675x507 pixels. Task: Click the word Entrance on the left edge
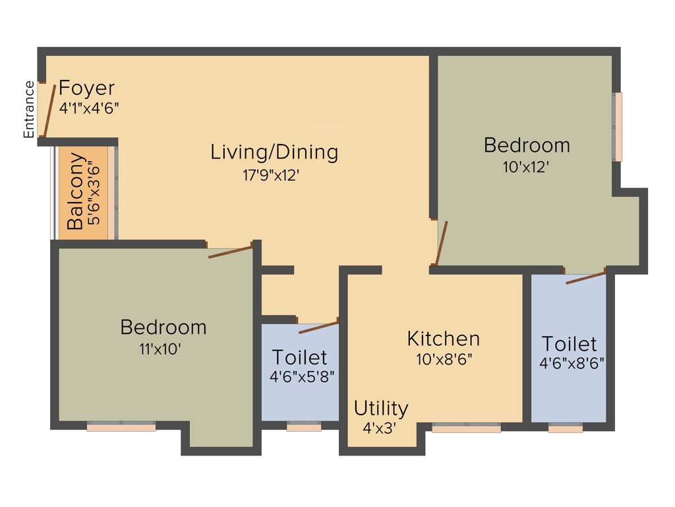[29, 109]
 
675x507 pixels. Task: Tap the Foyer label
[86, 88]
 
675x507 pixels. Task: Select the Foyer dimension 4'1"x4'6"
[88, 108]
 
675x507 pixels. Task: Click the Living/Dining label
[274, 152]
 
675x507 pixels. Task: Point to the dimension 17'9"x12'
[274, 175]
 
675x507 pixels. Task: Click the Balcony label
[75, 191]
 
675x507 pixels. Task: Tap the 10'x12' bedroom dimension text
[526, 168]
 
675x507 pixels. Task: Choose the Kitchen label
[443, 339]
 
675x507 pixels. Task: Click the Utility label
[381, 409]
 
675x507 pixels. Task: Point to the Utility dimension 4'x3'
[378, 428]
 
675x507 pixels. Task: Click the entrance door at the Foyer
[48, 110]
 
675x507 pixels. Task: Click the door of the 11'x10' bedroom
[230, 252]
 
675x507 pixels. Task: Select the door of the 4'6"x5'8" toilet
[318, 327]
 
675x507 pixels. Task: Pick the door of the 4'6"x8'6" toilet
[585, 277]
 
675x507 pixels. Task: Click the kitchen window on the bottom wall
[466, 428]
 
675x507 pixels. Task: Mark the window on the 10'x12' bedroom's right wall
[618, 127]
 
